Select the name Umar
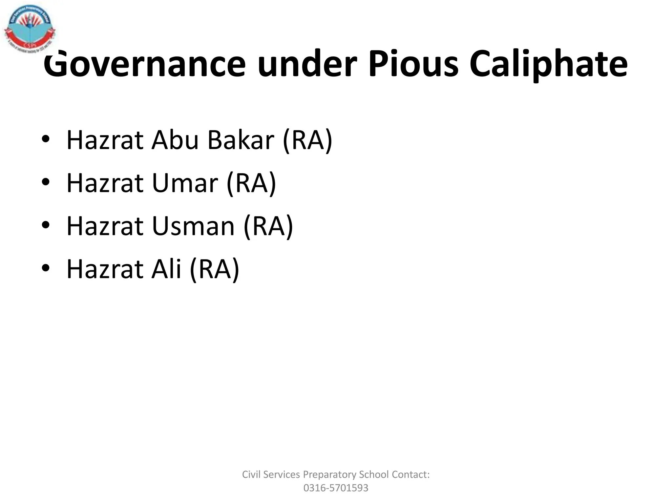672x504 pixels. coord(185,183)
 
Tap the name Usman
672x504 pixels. coord(193,226)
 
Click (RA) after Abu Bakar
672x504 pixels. coord(307,140)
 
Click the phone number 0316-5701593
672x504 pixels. coord(336,488)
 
